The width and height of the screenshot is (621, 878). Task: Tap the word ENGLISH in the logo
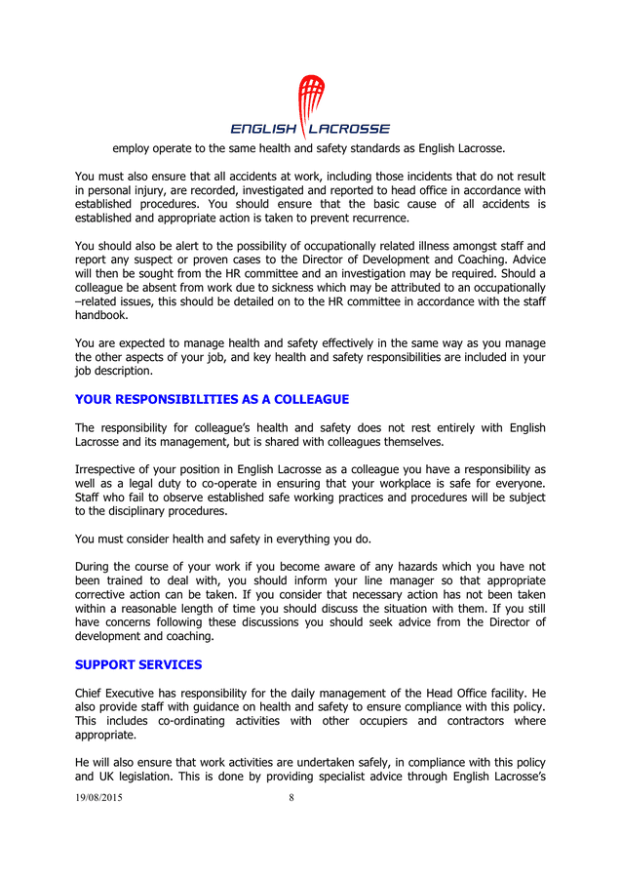(x=263, y=129)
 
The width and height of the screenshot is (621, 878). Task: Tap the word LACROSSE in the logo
(x=349, y=129)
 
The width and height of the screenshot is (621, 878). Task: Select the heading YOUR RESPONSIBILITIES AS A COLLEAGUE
(x=212, y=400)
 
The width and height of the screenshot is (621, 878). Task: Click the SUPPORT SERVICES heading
(x=138, y=665)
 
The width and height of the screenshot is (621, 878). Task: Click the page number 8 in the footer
(x=291, y=797)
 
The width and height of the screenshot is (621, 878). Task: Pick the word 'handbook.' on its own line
(x=101, y=315)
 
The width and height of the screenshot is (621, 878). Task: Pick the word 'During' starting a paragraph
(x=95, y=566)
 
